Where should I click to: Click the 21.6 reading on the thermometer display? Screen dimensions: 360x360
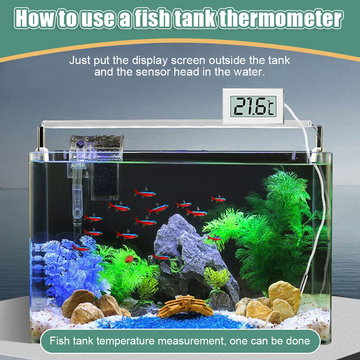pos(250,106)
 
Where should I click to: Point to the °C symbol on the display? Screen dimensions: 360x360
pos(271,107)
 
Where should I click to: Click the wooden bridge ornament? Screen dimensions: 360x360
pos(185,306)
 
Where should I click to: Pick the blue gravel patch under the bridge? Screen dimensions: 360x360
pos(177,321)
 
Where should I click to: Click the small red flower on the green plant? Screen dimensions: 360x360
pos(129,259)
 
